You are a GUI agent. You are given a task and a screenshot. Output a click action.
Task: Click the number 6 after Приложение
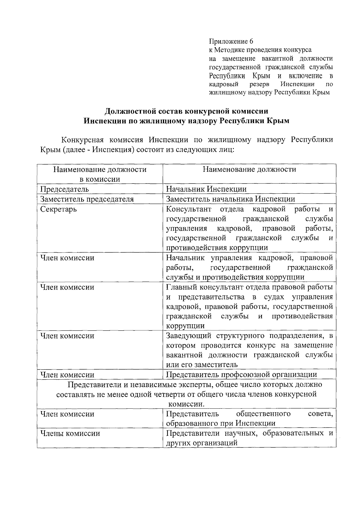pyautogui.click(x=251, y=41)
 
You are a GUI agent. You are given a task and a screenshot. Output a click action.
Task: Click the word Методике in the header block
pyautogui.click(x=228, y=50)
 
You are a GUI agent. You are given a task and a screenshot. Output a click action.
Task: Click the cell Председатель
pyautogui.click(x=65, y=189)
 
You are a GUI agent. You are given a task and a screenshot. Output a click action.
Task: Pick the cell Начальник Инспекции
pyautogui.click(x=206, y=189)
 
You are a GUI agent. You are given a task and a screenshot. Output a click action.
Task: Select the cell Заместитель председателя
pyautogui.click(x=87, y=199)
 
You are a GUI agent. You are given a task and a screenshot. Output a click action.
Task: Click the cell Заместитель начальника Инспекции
pyautogui.click(x=231, y=199)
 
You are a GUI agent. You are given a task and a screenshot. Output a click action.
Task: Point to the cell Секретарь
pyautogui.click(x=58, y=209)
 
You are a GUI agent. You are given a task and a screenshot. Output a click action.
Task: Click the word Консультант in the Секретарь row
pyautogui.click(x=189, y=209)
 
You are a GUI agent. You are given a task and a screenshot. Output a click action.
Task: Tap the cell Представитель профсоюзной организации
pyautogui.click(x=241, y=375)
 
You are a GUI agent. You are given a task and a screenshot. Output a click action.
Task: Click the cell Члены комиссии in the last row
pyautogui.click(x=70, y=434)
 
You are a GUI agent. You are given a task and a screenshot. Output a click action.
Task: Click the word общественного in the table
pyautogui.click(x=263, y=414)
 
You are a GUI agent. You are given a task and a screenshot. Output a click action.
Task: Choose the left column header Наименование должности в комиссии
pyautogui.click(x=100, y=174)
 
